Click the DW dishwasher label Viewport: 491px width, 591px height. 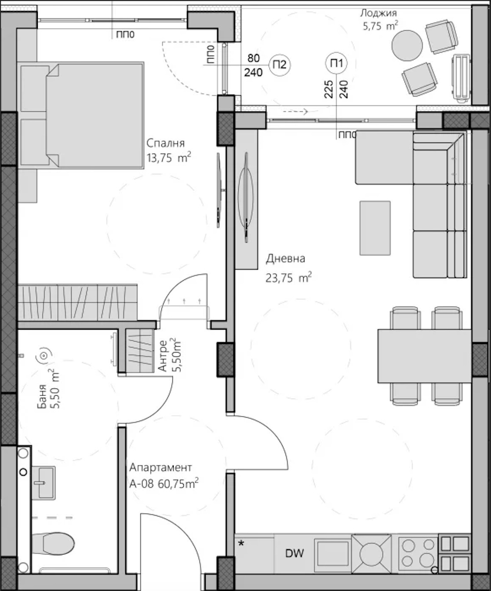coord(295,553)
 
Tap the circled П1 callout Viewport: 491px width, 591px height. coord(336,64)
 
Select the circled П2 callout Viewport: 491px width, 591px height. coord(280,65)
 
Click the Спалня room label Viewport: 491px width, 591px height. coord(165,143)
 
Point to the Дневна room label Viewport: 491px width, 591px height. coord(285,259)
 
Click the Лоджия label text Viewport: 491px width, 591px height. coord(378,13)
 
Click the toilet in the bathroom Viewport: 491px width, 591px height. coord(54,544)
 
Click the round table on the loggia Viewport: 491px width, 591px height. coord(407,45)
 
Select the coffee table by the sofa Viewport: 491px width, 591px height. coord(375,228)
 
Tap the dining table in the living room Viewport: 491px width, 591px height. coord(425,356)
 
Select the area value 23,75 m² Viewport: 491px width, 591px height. coord(288,278)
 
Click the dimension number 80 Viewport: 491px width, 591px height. coord(254,58)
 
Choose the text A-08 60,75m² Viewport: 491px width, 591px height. coord(164,484)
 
